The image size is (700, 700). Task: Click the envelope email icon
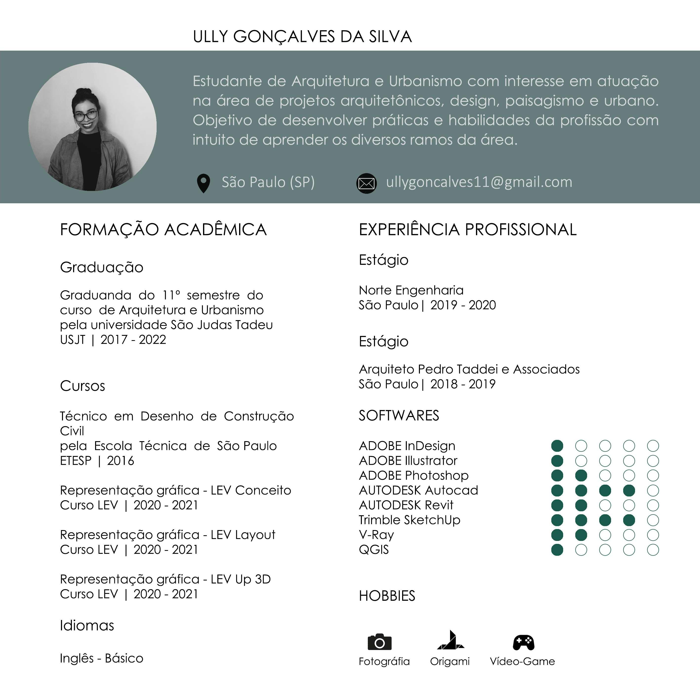[x=366, y=183]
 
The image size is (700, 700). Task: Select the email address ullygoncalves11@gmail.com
[x=479, y=182]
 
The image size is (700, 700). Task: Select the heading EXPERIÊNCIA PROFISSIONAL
[x=467, y=230]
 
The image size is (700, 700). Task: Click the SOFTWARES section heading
[x=399, y=416]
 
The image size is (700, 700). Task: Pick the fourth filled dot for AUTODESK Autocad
[x=629, y=491]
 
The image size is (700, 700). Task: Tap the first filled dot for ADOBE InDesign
[x=557, y=446]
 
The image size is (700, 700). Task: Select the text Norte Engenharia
[x=411, y=290]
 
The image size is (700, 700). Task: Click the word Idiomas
[x=87, y=626]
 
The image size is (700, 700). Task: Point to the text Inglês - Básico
[x=102, y=658]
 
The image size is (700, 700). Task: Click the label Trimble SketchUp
[x=410, y=520]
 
